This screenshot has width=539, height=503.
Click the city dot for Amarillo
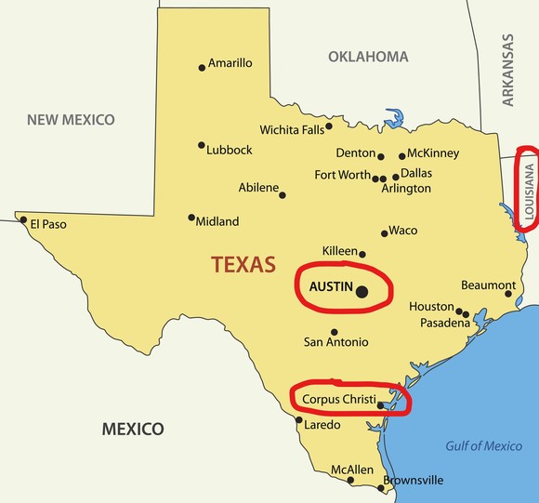202,67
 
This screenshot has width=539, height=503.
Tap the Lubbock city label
230,150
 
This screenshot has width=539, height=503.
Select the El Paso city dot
24,220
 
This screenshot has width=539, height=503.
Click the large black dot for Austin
362,292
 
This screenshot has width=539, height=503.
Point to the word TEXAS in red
243,264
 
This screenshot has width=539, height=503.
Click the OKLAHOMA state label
368,57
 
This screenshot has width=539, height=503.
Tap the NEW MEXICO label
71,120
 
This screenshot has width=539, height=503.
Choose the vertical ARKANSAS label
507,71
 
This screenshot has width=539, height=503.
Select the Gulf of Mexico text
483,446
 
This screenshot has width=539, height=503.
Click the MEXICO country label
133,429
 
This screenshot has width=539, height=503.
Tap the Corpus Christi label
339,399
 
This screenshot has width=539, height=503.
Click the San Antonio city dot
335,332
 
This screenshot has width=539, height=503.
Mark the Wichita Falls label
292,129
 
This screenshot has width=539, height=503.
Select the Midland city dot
191,218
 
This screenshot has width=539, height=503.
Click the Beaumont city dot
508,294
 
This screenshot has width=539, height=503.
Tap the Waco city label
403,231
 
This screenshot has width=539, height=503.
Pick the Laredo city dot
298,420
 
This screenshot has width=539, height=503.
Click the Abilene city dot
283,195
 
